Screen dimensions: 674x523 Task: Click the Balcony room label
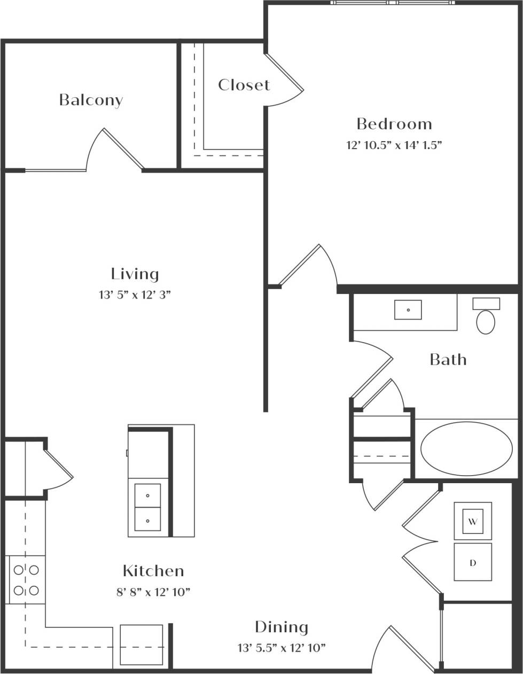pyautogui.click(x=91, y=100)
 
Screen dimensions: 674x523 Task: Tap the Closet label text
pyautogui.click(x=244, y=85)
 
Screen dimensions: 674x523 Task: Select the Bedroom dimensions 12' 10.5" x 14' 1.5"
pyautogui.click(x=394, y=145)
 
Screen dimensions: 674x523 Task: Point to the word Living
pyautogui.click(x=135, y=274)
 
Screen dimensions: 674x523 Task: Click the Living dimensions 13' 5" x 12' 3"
pyautogui.click(x=135, y=295)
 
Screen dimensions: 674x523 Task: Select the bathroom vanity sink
pyautogui.click(x=408, y=310)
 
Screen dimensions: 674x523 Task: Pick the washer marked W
pyautogui.click(x=473, y=521)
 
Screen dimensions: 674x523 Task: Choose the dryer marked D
pyautogui.click(x=473, y=562)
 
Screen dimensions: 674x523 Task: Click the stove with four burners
pyautogui.click(x=26, y=580)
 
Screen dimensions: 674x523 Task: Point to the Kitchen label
pyautogui.click(x=153, y=571)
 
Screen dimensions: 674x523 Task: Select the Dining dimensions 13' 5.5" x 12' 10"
pyautogui.click(x=282, y=648)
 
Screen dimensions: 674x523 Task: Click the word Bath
pyautogui.click(x=448, y=360)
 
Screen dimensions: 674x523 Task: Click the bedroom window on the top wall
pyautogui.click(x=392, y=3)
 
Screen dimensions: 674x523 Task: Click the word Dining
pyautogui.click(x=282, y=627)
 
